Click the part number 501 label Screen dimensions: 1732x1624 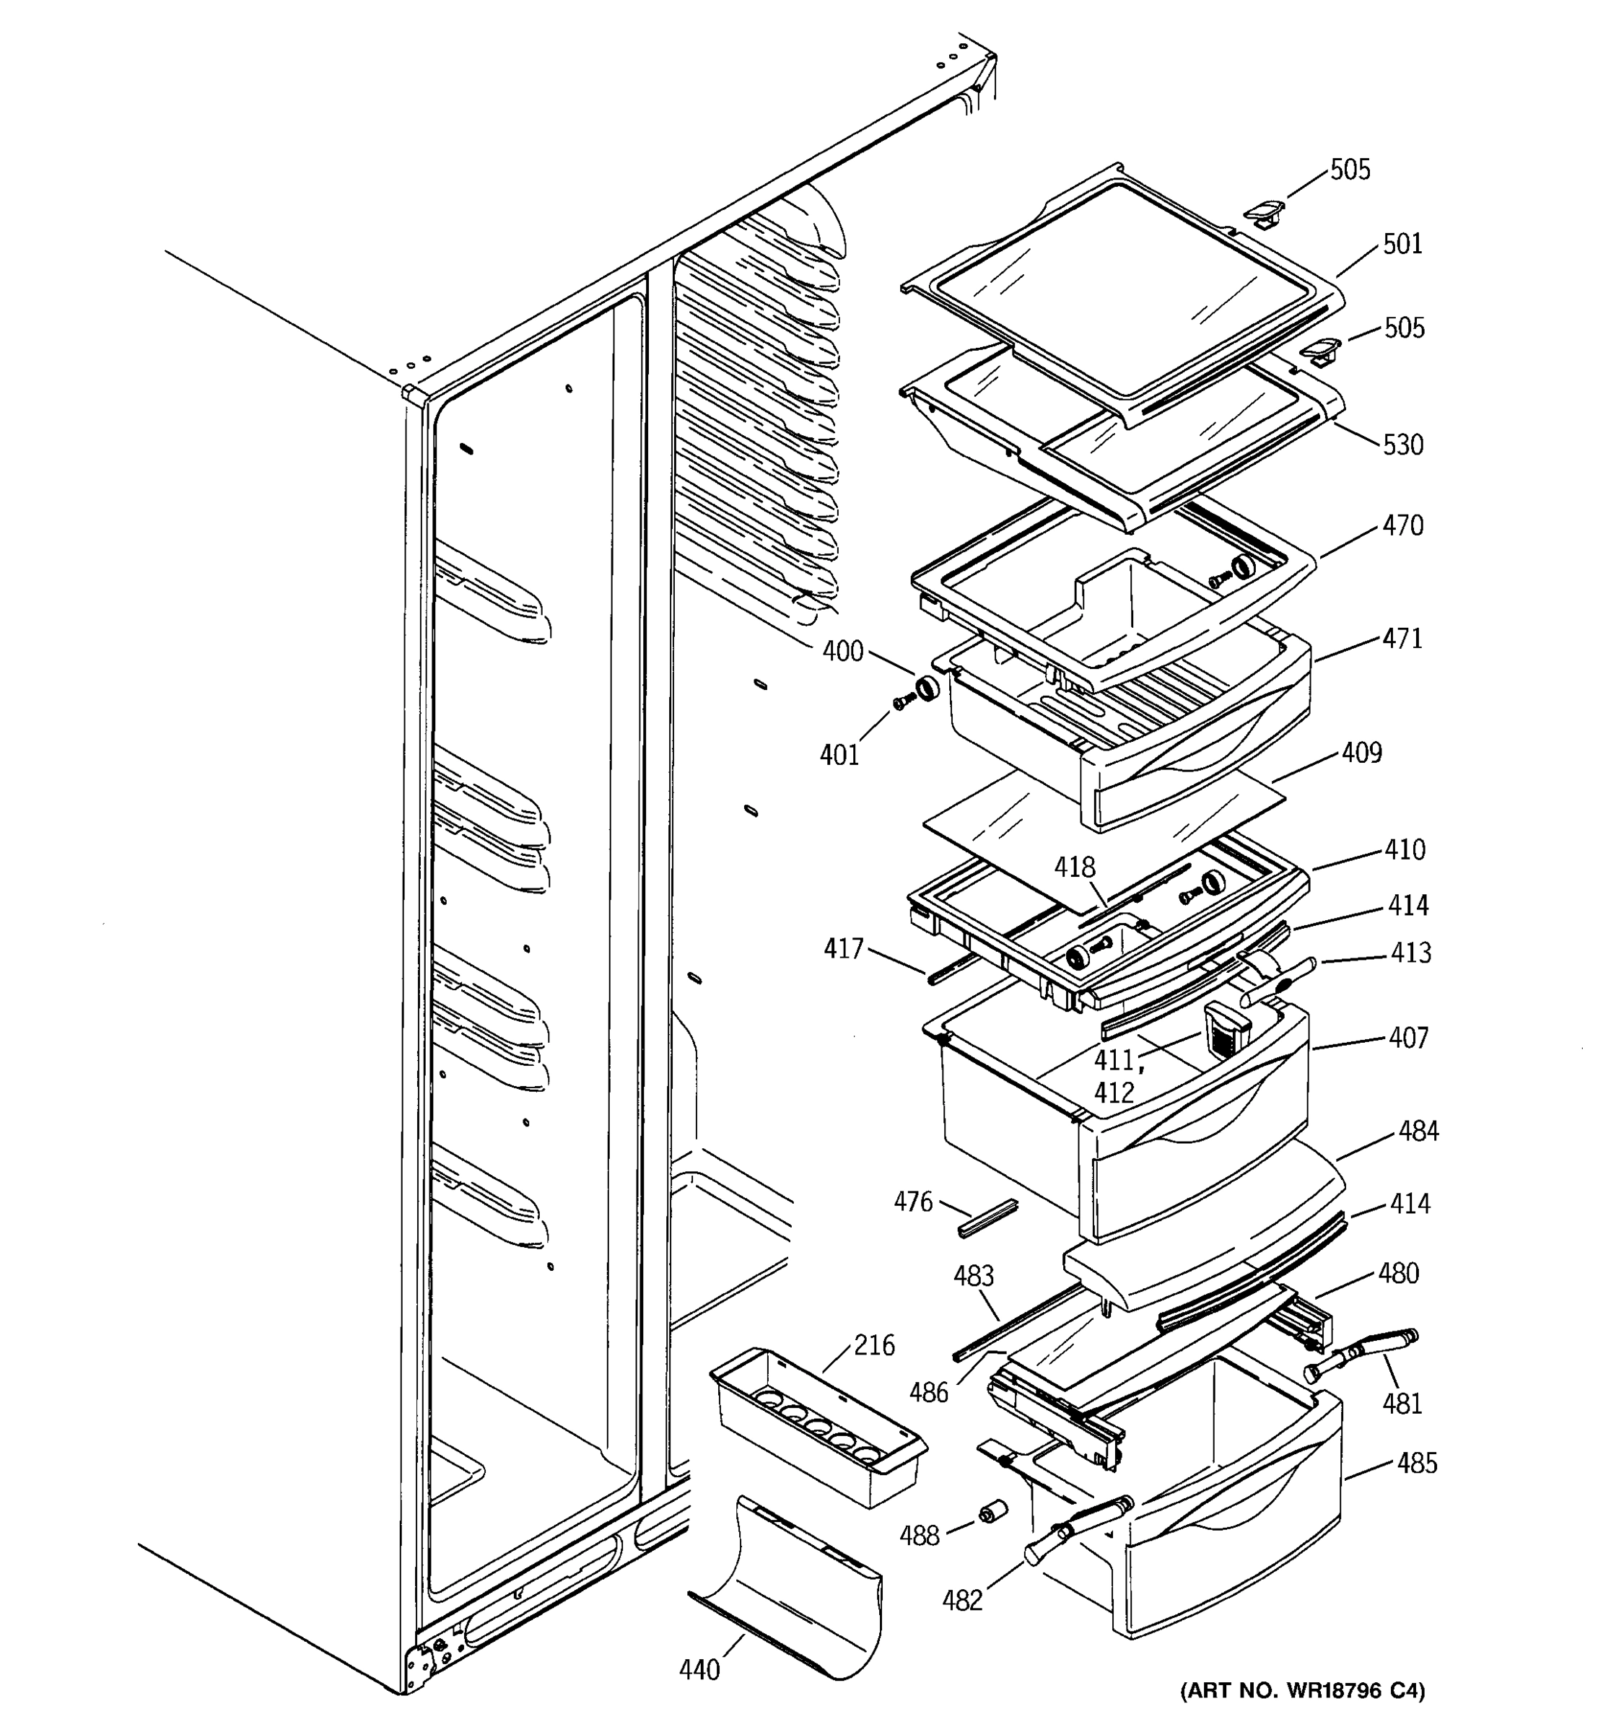tap(1402, 244)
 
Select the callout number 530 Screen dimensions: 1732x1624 tap(1402, 445)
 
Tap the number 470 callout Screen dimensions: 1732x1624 tap(1402, 525)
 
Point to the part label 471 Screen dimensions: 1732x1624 tap(1402, 639)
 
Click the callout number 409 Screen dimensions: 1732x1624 tap(1361, 752)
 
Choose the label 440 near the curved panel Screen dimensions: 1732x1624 tap(699, 1669)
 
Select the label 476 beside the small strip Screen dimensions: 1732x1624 tap(912, 1202)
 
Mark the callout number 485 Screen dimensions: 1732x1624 tap(1416, 1463)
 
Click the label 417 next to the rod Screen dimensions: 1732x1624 tap(843, 949)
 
